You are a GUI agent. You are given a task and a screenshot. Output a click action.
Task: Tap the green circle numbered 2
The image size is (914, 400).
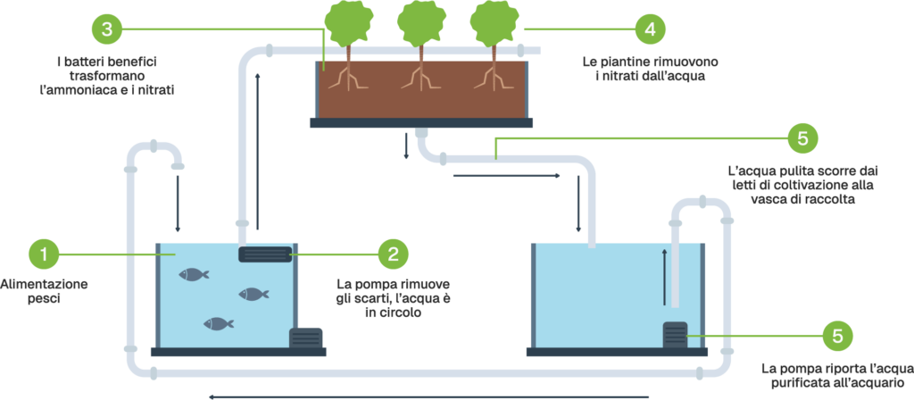[x=393, y=254]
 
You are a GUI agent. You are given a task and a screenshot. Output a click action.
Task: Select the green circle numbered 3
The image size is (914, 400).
[x=106, y=29]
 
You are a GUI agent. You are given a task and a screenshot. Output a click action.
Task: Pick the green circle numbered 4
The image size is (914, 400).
[x=650, y=29]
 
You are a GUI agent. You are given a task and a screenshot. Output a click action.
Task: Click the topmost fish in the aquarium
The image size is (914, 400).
[x=193, y=274]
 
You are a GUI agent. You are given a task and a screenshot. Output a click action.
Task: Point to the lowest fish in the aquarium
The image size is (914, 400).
[x=219, y=323]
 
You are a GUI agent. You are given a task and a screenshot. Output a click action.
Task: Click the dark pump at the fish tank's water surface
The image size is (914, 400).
[x=265, y=254]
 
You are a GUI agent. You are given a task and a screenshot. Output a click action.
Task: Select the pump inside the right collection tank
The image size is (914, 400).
[x=674, y=336]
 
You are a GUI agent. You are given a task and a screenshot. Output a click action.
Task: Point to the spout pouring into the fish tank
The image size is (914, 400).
[x=178, y=164]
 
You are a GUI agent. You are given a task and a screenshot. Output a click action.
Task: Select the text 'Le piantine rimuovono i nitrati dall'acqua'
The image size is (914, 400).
[x=649, y=69]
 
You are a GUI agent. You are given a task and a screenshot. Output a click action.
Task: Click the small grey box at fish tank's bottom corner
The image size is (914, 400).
[x=306, y=338]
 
